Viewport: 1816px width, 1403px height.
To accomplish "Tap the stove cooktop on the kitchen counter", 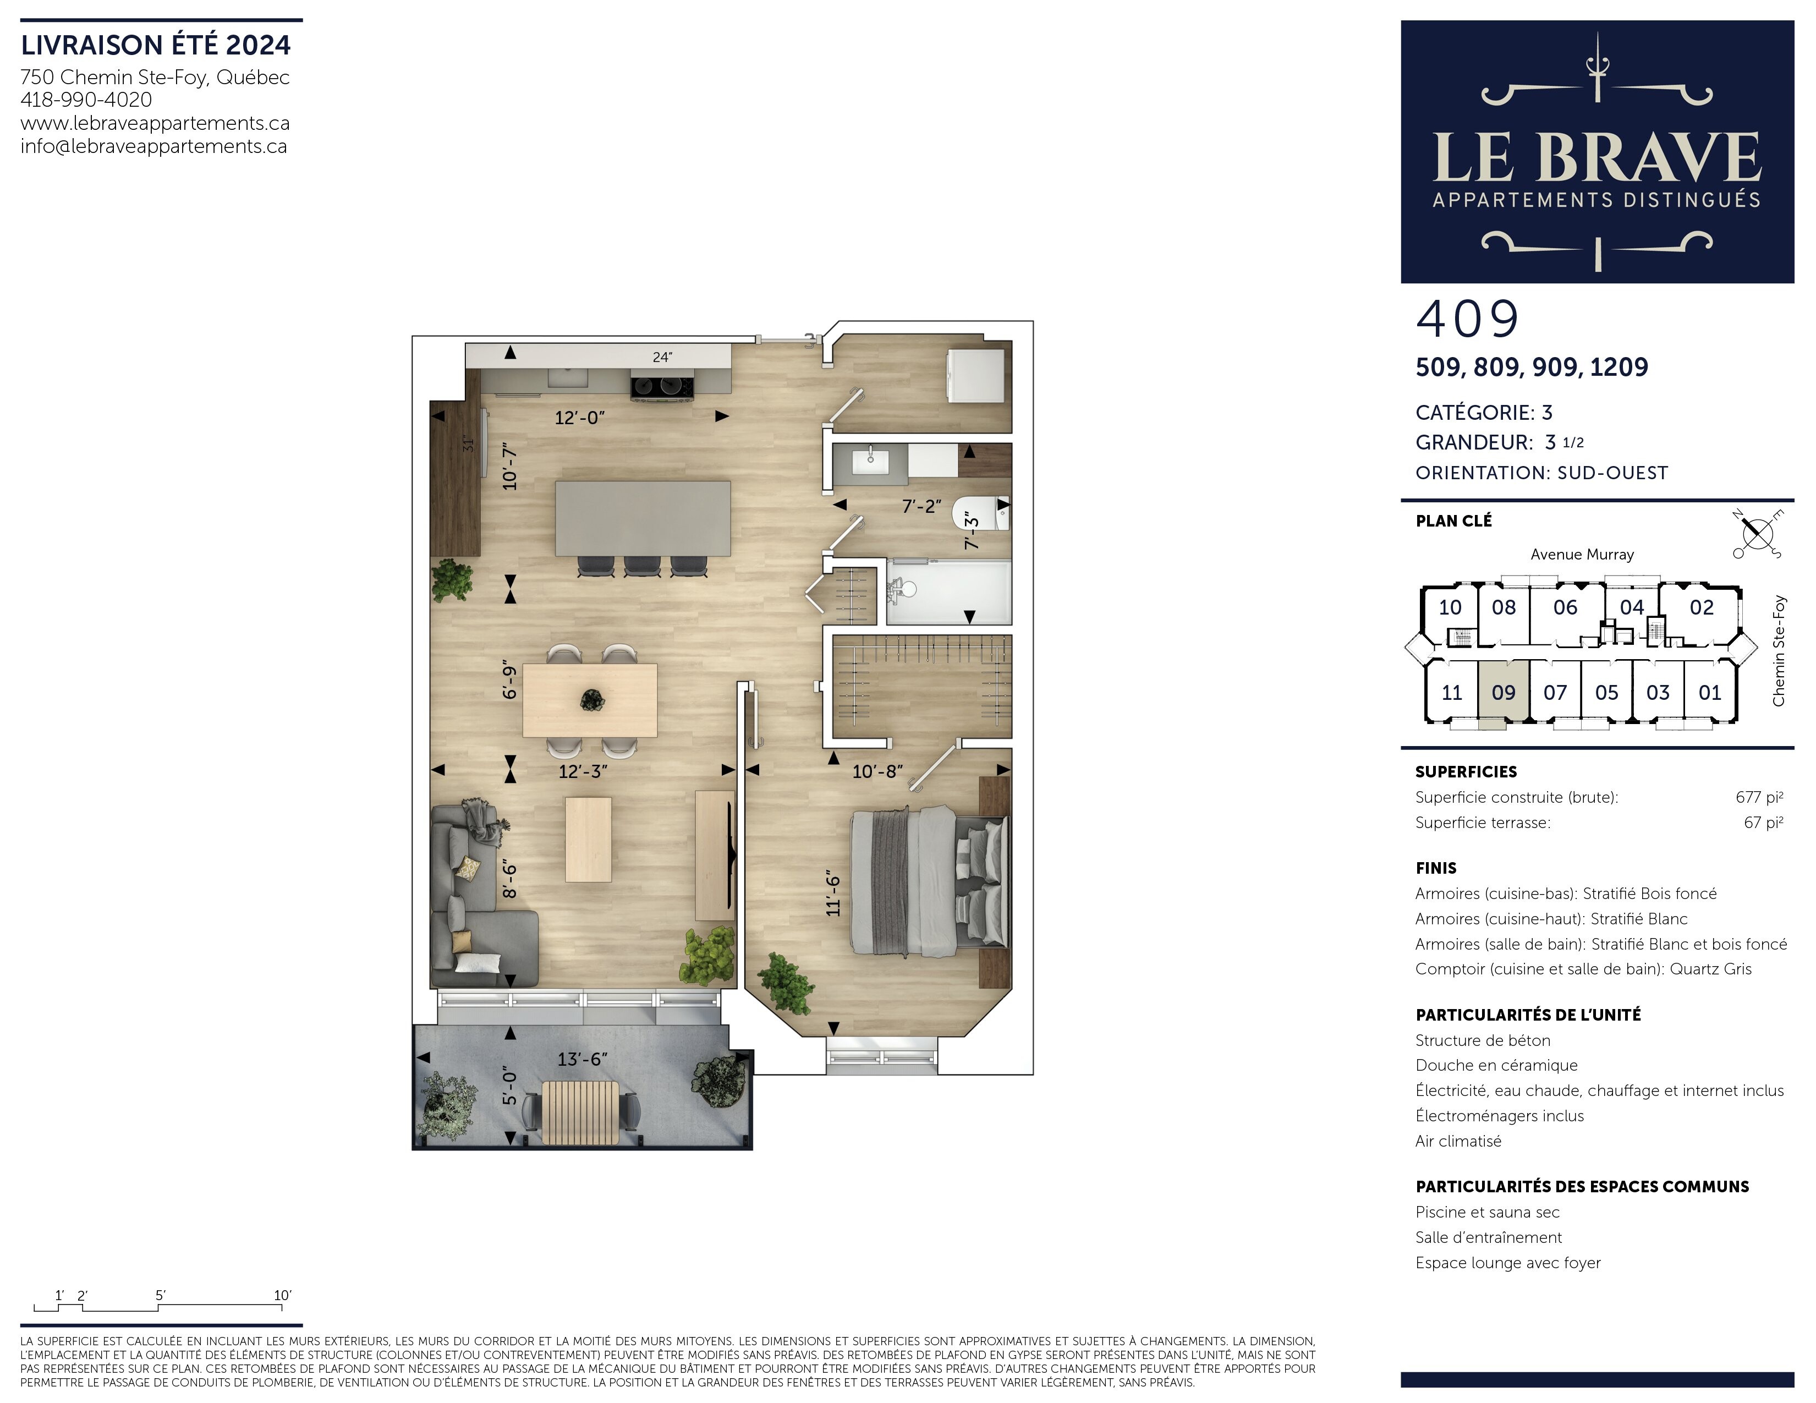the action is coord(662,387).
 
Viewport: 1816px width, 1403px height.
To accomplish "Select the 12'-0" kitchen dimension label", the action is coord(579,418).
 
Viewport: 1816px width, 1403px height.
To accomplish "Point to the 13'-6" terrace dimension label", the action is coord(582,1059).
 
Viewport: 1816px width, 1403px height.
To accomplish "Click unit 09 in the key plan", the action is coord(1504,692).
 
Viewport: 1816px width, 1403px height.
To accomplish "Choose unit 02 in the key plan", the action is coord(1701,607).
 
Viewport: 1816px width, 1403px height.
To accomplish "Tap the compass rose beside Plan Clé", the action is coord(1757,533).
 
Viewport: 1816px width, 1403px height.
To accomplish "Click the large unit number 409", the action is coord(1468,319).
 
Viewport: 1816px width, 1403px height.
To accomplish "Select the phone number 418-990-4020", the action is coord(86,100).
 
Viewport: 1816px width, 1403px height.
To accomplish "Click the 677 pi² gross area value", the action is coord(1759,797).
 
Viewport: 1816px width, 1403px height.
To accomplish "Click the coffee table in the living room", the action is coord(589,839).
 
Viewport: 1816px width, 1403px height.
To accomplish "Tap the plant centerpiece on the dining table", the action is coord(592,700).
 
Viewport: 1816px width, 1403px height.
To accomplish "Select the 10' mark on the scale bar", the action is coord(283,1295).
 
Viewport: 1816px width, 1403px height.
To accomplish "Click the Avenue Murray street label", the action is coord(1582,555).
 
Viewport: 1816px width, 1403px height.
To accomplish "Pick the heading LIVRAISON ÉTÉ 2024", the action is coord(156,45).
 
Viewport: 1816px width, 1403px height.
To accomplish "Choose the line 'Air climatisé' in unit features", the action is coord(1458,1141).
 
